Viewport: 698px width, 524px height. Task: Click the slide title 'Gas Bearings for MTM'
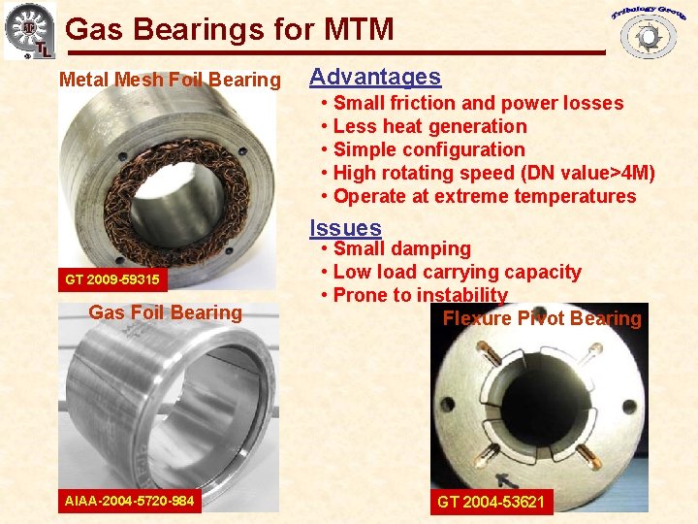pos(230,29)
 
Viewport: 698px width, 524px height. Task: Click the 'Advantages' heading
pos(374,77)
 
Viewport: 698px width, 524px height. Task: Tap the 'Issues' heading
pos(345,228)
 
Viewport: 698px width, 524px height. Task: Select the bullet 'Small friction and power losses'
pos(478,103)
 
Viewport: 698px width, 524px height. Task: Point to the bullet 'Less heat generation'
pos(429,126)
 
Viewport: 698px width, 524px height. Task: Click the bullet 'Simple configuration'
pos(428,149)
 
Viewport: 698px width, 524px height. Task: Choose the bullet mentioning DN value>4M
pos(493,173)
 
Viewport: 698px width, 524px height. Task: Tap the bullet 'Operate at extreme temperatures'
pos(484,196)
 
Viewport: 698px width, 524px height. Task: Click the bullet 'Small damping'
pos(401,249)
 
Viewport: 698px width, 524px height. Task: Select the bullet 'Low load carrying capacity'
pos(457,273)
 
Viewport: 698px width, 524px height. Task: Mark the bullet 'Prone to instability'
pos(420,295)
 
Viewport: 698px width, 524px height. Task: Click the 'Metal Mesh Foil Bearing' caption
pos(170,80)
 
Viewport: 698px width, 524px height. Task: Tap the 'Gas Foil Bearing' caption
pos(165,312)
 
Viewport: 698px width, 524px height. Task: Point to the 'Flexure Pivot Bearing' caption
pos(542,318)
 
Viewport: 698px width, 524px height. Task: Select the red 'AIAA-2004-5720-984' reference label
pos(129,501)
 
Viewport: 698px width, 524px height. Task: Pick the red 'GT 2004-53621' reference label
pos(491,502)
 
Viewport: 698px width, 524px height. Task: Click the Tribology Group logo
pos(647,28)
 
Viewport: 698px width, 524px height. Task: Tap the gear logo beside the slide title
pos(29,30)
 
